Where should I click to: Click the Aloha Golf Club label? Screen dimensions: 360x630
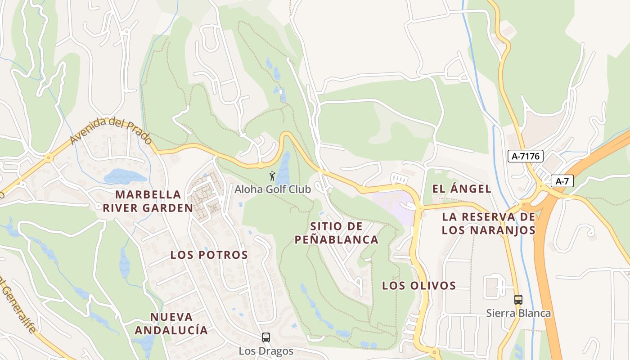tap(272, 189)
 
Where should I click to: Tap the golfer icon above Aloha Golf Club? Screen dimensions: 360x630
tap(272, 175)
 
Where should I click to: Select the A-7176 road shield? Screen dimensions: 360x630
tap(526, 156)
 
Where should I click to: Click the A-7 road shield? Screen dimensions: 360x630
tap(562, 181)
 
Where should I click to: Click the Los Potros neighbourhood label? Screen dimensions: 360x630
tap(209, 255)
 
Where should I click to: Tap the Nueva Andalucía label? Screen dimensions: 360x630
tap(171, 324)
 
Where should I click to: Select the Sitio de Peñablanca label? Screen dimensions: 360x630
tap(336, 233)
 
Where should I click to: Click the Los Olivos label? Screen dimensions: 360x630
tap(419, 285)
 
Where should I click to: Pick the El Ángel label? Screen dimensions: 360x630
tap(461, 189)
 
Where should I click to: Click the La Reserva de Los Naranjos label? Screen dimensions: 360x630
tap(488, 224)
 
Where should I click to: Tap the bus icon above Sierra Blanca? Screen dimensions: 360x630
tap(518, 299)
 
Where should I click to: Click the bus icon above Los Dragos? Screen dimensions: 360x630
tap(266, 337)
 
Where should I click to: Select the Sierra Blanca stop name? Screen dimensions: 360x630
tap(518, 313)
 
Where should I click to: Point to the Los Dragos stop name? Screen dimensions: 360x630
tap(266, 351)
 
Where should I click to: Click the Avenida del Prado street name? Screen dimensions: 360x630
tap(110, 131)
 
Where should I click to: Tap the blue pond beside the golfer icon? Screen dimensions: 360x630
tap(284, 169)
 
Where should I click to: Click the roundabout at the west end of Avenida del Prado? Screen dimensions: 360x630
tap(48, 157)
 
